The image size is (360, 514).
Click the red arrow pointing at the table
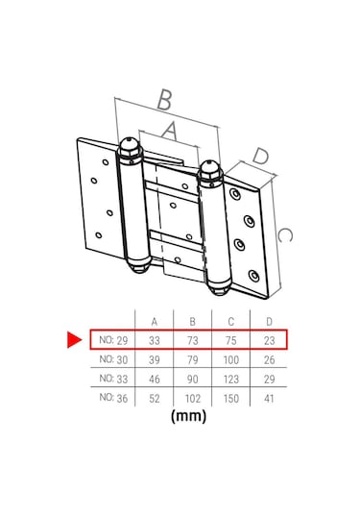pyautogui.click(x=74, y=339)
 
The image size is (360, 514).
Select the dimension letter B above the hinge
pyautogui.click(x=165, y=100)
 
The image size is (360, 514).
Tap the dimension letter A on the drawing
pyautogui.click(x=170, y=131)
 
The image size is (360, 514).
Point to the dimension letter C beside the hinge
pyautogui.click(x=284, y=235)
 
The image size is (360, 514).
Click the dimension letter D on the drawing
pyautogui.click(x=261, y=156)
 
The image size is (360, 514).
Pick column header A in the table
pyautogui.click(x=155, y=322)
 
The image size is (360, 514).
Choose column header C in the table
pyautogui.click(x=231, y=322)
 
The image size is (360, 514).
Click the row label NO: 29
pyautogui.click(x=113, y=340)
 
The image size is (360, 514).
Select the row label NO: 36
pyautogui.click(x=113, y=398)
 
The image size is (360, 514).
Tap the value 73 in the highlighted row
pyautogui.click(x=193, y=341)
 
